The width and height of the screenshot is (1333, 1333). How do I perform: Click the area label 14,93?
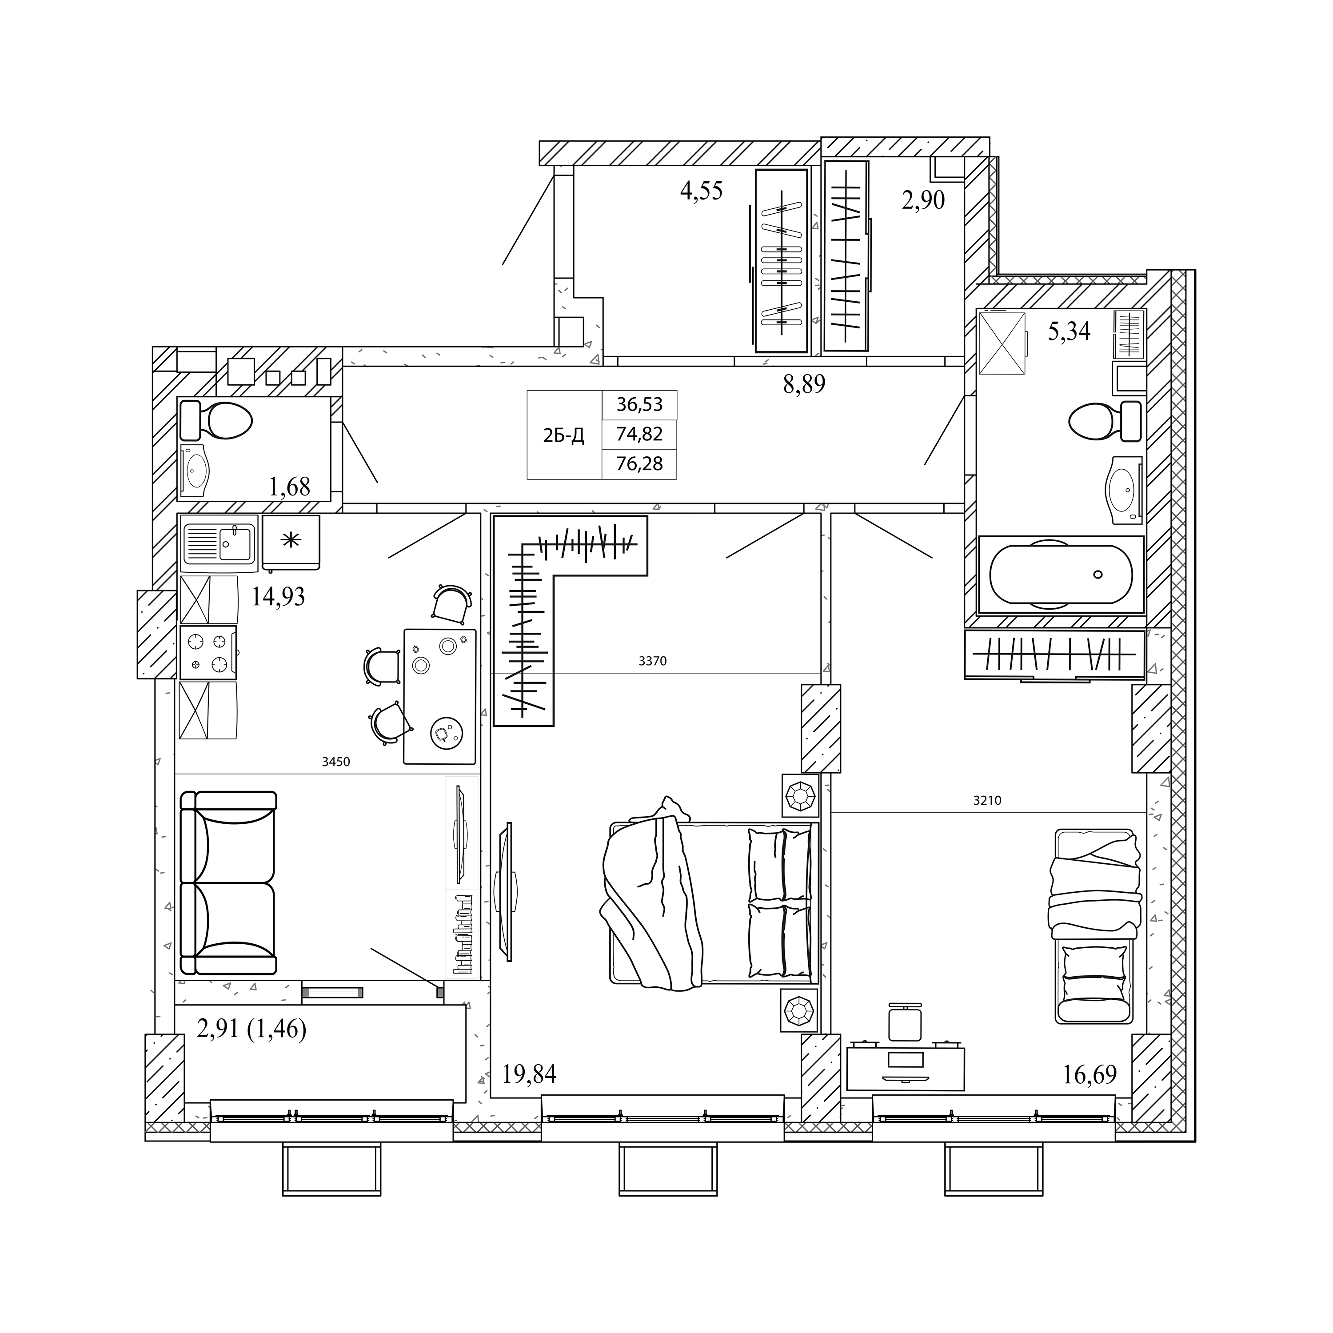click(278, 596)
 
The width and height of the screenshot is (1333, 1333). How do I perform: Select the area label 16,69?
click(1090, 1074)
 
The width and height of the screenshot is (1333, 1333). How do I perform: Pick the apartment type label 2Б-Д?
click(564, 435)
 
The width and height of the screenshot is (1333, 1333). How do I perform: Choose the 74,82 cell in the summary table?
click(639, 434)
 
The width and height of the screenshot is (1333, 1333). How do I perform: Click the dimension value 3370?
click(653, 661)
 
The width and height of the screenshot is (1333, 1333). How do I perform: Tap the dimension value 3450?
click(336, 762)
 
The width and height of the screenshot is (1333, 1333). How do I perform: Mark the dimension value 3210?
click(987, 800)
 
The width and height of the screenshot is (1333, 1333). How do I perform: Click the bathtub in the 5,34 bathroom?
click(1061, 575)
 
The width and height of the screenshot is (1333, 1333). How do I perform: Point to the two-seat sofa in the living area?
click(227, 883)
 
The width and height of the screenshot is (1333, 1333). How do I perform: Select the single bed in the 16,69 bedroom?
click(1094, 926)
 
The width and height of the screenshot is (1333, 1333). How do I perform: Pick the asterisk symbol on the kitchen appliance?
click(291, 539)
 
